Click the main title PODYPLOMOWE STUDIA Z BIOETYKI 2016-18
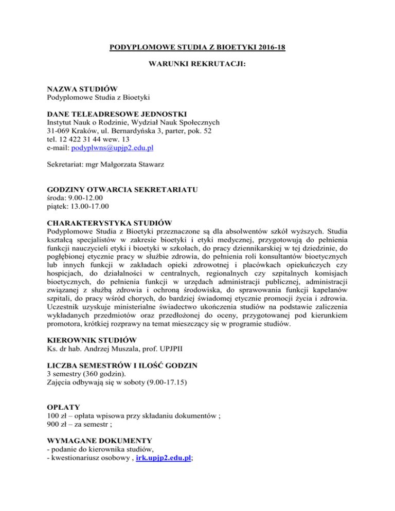(x=197, y=49)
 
